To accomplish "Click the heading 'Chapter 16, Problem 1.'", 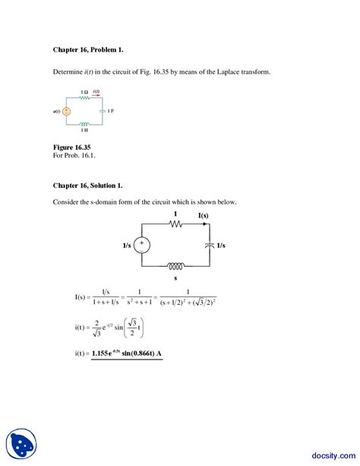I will coord(87,50).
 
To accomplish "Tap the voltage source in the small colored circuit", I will coord(67,111).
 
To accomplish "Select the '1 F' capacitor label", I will coord(110,111).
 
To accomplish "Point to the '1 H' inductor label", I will coord(85,130).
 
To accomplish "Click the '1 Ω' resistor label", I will coord(84,92).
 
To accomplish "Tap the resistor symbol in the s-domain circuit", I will coord(175,225).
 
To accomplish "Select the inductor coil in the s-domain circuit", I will coord(175,266).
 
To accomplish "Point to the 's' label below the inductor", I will coord(175,279).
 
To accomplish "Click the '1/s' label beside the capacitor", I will coord(221,246).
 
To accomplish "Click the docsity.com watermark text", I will coord(332,449).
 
